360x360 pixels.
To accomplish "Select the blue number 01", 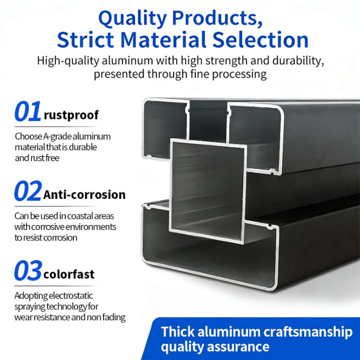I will point(28,112).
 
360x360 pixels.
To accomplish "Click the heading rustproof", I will point(71,115).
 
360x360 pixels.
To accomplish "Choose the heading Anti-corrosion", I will point(84,194).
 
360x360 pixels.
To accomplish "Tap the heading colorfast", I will point(69,275).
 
